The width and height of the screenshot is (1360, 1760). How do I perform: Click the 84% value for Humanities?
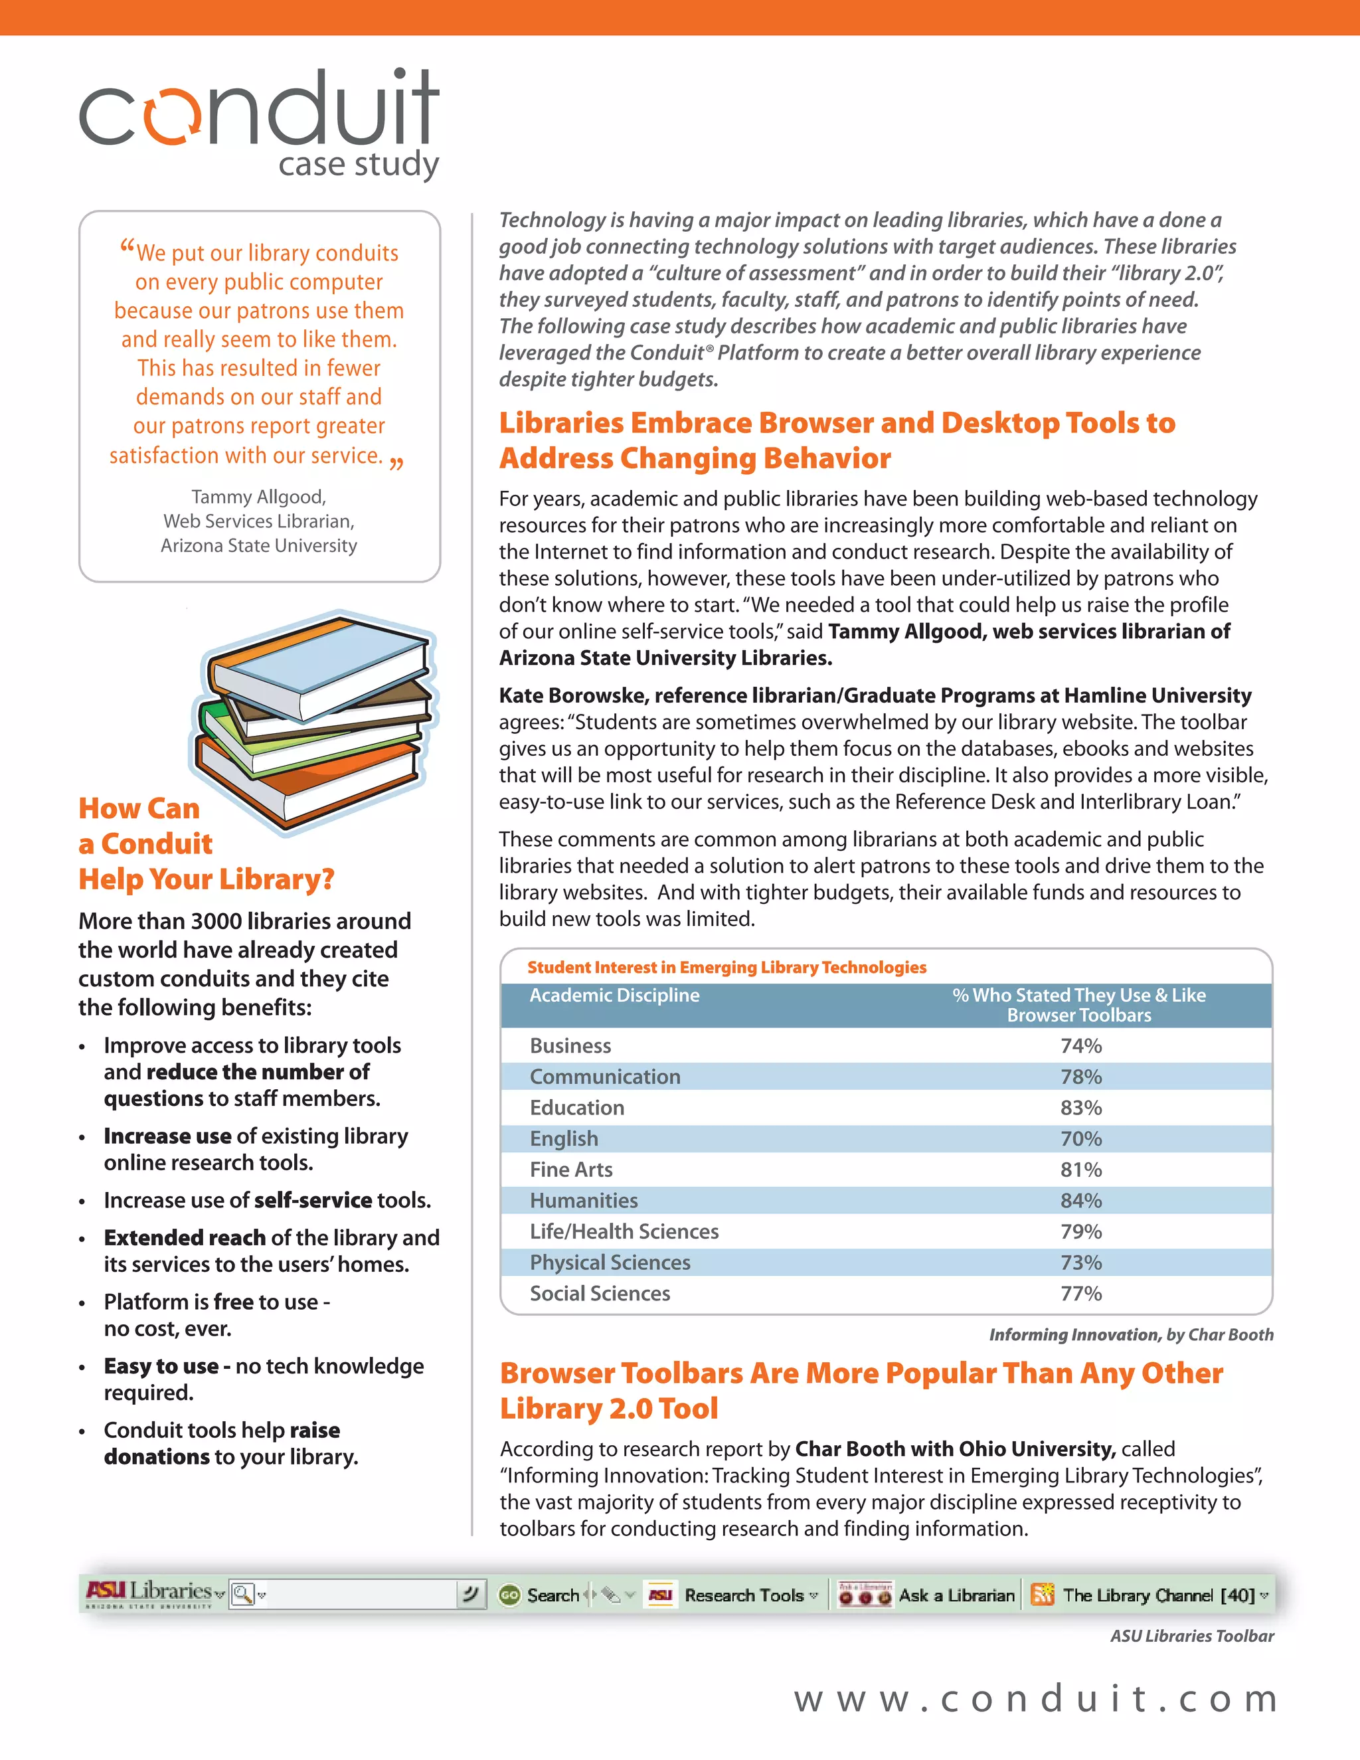pos(1080,1201)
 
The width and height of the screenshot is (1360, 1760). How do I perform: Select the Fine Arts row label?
pos(570,1170)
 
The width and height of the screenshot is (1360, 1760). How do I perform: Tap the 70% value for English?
pos(1080,1138)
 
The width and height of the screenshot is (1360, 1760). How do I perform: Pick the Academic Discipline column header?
pos(614,996)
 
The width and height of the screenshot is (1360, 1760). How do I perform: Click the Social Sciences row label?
pos(600,1293)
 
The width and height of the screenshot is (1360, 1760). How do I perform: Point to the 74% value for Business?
pos(1080,1046)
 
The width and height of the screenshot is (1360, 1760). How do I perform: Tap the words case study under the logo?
pos(359,165)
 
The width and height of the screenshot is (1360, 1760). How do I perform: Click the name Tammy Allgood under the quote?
pos(258,497)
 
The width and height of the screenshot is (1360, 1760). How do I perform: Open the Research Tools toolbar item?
pos(744,1595)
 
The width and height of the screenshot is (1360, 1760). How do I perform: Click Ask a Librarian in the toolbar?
pos(956,1595)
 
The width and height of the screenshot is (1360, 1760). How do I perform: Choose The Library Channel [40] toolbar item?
pos(1159,1595)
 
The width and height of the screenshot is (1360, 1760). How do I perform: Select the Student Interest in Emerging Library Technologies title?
pos(726,967)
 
